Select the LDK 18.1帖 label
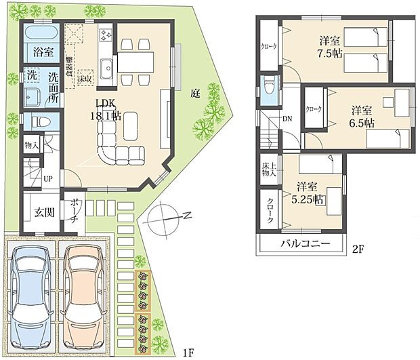[x=108, y=108]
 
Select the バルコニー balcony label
[x=303, y=243]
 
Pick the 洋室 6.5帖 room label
[x=361, y=115]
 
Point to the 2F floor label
[x=357, y=249]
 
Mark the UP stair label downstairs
[x=48, y=178]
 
